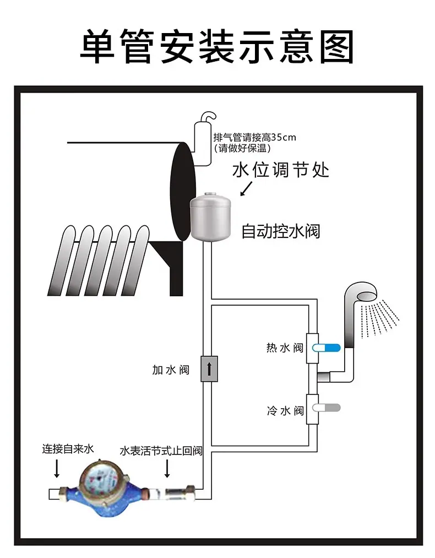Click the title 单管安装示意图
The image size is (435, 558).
click(x=217, y=47)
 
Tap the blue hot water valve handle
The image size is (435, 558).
click(x=327, y=348)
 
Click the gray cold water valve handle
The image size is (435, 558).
click(x=327, y=408)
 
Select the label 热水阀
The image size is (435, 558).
click(x=285, y=348)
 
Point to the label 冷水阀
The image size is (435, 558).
click(x=285, y=411)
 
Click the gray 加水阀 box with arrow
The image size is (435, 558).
click(x=209, y=369)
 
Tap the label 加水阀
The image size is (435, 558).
click(x=171, y=370)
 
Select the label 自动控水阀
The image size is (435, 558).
click(x=281, y=231)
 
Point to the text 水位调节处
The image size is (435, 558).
click(x=281, y=170)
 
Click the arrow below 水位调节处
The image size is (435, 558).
click(x=246, y=188)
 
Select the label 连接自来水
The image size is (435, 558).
click(x=68, y=449)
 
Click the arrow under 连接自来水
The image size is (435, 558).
click(x=57, y=469)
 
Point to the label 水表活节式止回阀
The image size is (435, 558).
click(x=161, y=451)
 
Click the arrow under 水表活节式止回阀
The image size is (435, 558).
click(x=167, y=469)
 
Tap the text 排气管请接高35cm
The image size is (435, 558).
click(x=255, y=137)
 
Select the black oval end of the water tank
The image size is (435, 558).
click(x=183, y=192)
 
